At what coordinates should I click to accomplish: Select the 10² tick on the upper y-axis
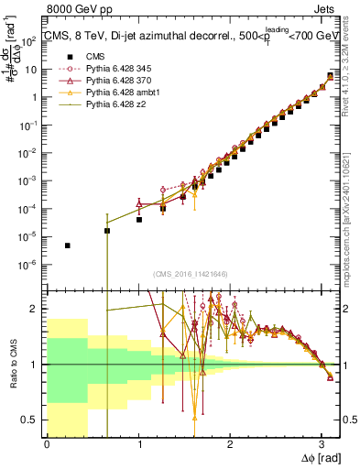pos(33,40)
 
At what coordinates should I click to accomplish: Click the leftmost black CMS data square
pos(68,245)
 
